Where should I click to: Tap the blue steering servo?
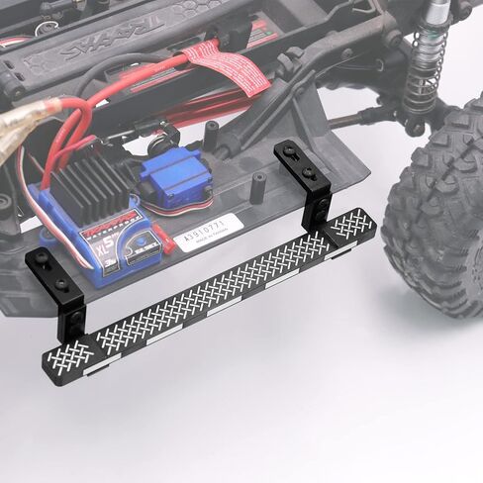[173, 179]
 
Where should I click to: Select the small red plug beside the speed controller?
[164, 239]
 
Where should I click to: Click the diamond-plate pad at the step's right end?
[351, 225]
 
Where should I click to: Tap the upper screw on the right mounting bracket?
[290, 151]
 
